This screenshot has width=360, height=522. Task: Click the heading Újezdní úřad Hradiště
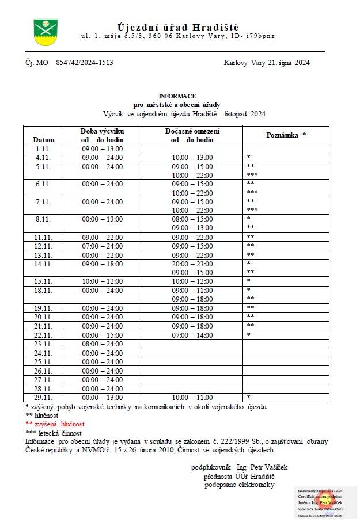click(x=178, y=27)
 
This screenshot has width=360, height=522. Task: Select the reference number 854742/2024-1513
click(x=85, y=63)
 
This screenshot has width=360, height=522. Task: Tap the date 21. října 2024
click(x=289, y=63)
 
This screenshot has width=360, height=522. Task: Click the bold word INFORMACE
click(x=177, y=96)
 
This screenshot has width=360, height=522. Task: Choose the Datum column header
click(x=44, y=140)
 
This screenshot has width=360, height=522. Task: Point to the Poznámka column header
click(x=286, y=135)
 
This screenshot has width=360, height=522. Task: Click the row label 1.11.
click(x=44, y=148)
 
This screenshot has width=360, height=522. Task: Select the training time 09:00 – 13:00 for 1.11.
click(x=103, y=148)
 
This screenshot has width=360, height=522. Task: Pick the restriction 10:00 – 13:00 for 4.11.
click(x=192, y=158)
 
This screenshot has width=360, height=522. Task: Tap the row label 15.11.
click(x=44, y=281)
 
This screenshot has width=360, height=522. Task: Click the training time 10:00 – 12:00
click(x=103, y=281)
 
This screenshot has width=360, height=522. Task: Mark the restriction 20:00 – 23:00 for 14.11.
click(x=192, y=264)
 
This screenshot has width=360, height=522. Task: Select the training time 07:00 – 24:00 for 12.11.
click(x=103, y=246)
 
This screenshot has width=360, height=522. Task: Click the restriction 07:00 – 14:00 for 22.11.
click(x=192, y=335)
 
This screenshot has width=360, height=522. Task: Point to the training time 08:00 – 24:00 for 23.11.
click(x=103, y=344)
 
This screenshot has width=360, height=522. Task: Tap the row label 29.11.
click(x=44, y=397)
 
